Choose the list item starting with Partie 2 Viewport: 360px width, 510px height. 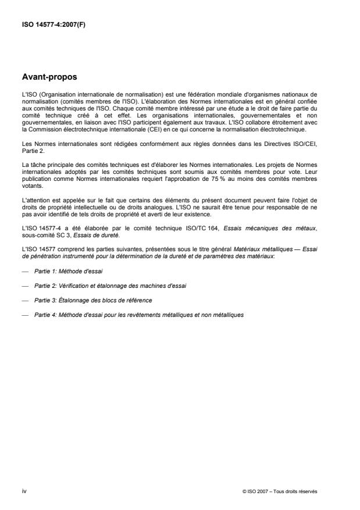(x=98, y=286)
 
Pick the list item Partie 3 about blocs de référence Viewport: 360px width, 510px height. (x=85, y=300)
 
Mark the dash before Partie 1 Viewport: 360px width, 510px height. (x=25, y=272)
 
